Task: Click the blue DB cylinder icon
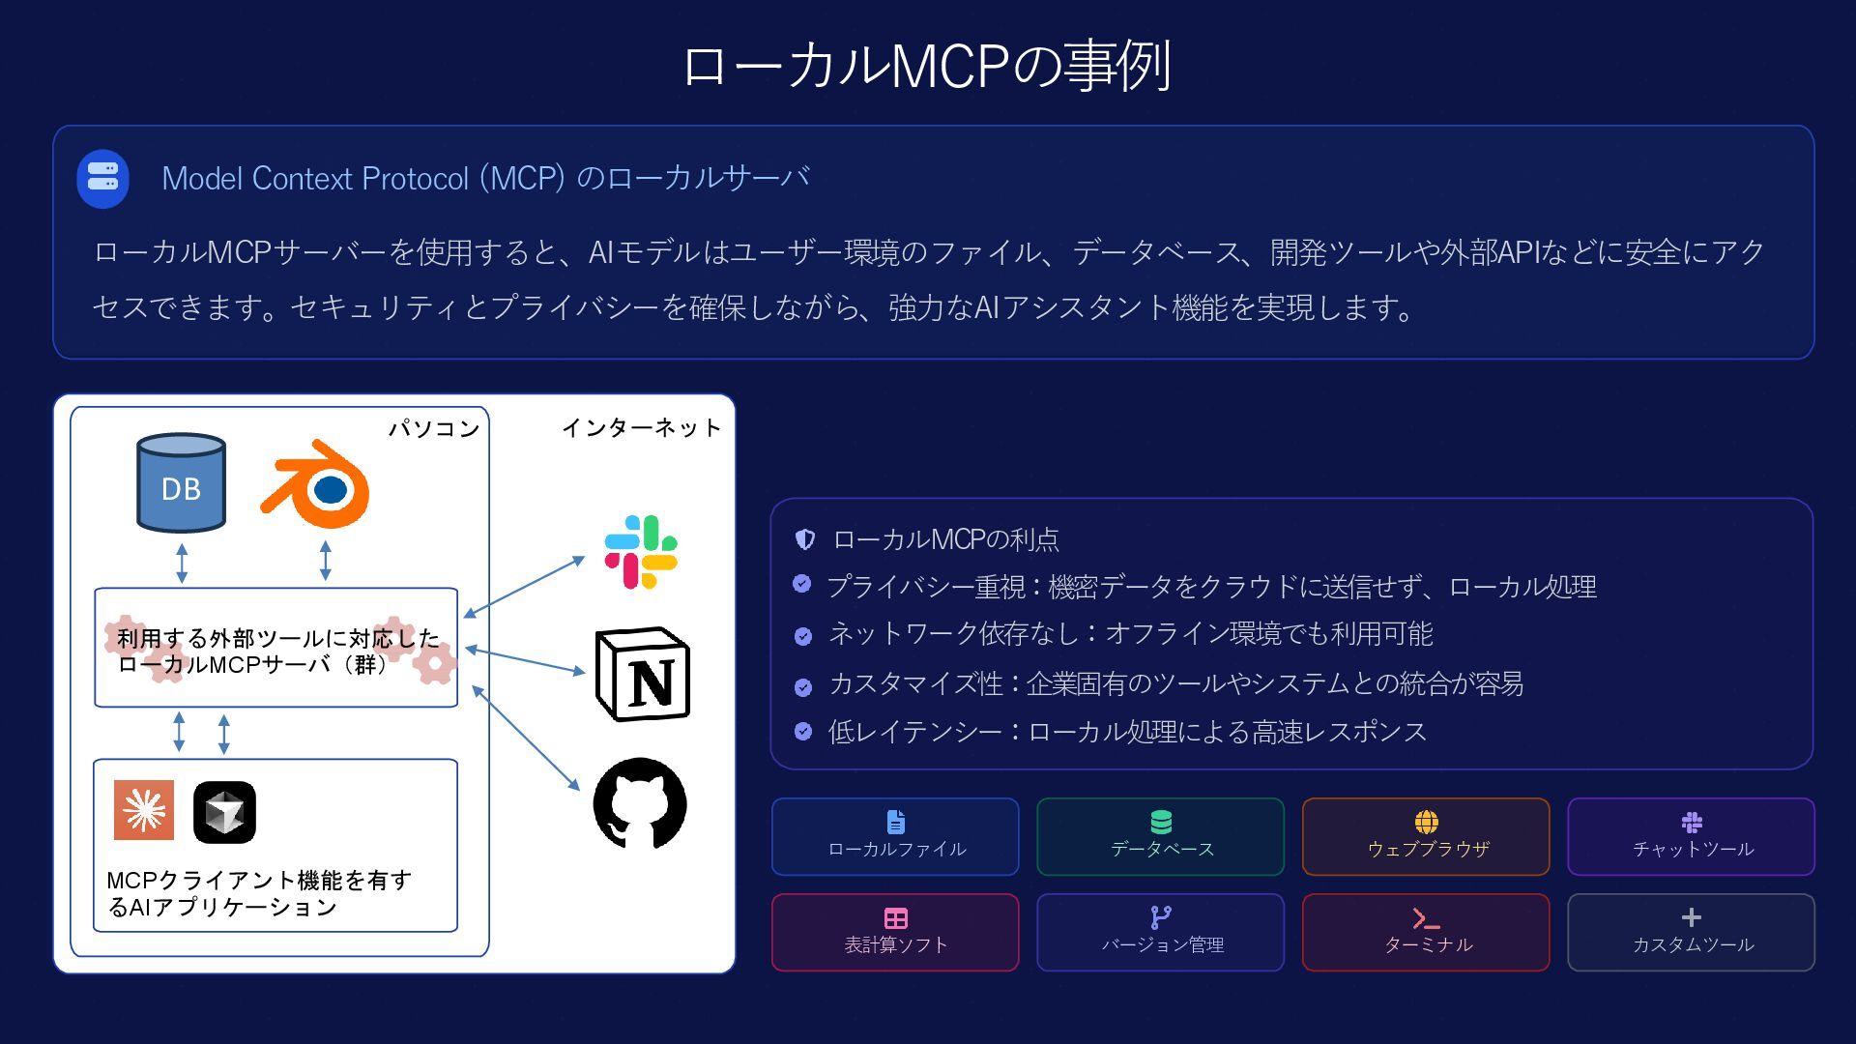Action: pos(181,482)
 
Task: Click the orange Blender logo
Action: pos(317,485)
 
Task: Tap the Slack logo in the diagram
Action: pos(640,552)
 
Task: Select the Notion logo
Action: pos(643,674)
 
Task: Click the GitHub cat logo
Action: pos(640,803)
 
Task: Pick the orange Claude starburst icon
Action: pos(144,810)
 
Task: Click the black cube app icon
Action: pos(224,812)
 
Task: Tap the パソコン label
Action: pos(434,428)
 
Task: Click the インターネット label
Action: pos(641,427)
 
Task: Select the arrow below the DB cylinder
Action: pos(182,563)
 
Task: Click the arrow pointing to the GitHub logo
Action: pos(526,738)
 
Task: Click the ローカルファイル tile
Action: pos(895,836)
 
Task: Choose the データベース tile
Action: pos(1160,836)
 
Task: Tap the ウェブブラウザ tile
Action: pos(1426,836)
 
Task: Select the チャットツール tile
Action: pos(1691,836)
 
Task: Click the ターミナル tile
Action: pos(1426,932)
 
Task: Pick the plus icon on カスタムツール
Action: pos(1691,917)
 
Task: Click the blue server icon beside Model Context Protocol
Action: pos(102,179)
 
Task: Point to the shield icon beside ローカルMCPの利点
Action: pos(804,539)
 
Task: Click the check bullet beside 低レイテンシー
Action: pos(803,731)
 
